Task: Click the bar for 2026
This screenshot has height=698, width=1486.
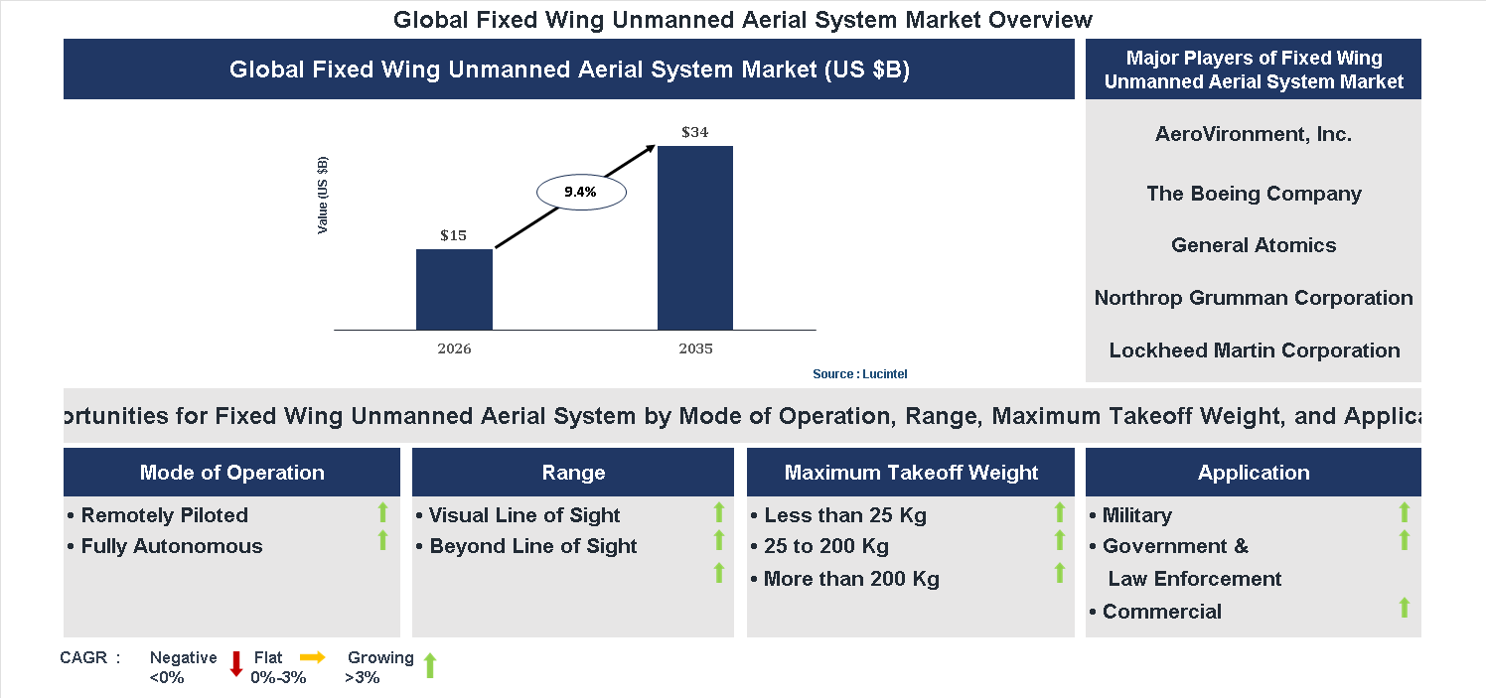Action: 454,289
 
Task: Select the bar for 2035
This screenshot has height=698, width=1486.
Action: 695,237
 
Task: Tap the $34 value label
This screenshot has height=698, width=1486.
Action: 695,132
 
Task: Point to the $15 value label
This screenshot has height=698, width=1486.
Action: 454,235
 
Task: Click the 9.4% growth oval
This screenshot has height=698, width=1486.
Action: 580,193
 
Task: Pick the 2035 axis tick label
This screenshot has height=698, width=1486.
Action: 695,349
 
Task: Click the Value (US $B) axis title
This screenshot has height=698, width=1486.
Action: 323,196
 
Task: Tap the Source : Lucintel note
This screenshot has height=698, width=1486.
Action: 859,374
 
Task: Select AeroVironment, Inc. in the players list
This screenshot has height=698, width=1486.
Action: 1254,134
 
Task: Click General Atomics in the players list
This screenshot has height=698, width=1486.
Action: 1254,245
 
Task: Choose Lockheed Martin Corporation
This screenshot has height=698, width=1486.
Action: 1254,350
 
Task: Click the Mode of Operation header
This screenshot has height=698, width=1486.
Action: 231,473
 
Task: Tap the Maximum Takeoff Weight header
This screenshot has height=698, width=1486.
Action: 911,473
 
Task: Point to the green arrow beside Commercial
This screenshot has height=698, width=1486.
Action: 1404,608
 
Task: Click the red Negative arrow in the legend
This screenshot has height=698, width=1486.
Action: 236,664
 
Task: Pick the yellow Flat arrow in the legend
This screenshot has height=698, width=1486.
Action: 312,657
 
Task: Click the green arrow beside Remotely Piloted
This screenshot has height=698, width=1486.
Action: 382,512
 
